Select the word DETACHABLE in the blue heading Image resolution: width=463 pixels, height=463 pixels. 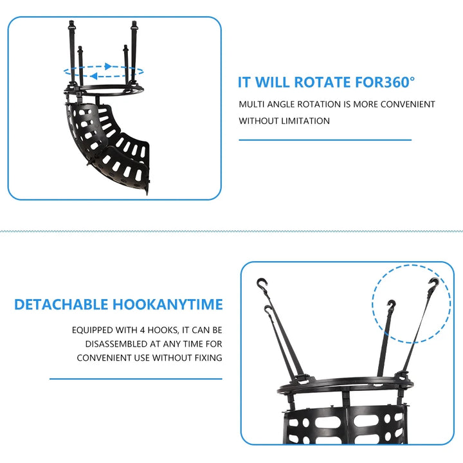point(61,304)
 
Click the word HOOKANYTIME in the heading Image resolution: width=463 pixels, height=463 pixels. point(167,304)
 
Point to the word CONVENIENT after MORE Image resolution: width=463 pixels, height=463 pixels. point(408,104)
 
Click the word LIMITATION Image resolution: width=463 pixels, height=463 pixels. point(305,121)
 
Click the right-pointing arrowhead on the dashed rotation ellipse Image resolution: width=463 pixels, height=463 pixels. point(109,66)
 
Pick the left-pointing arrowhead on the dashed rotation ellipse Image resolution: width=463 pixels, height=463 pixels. point(94,77)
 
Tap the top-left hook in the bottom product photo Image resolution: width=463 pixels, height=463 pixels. point(262,284)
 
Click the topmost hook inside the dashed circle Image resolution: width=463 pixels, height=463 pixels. point(433,283)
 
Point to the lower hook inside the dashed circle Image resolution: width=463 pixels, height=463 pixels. point(392,305)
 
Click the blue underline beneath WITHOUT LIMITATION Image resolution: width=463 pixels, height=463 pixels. point(325,140)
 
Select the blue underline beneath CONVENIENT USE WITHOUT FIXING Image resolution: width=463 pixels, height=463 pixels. point(136,379)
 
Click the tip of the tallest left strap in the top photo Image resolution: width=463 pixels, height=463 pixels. point(71,21)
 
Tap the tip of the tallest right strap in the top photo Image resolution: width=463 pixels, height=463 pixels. point(134,22)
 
